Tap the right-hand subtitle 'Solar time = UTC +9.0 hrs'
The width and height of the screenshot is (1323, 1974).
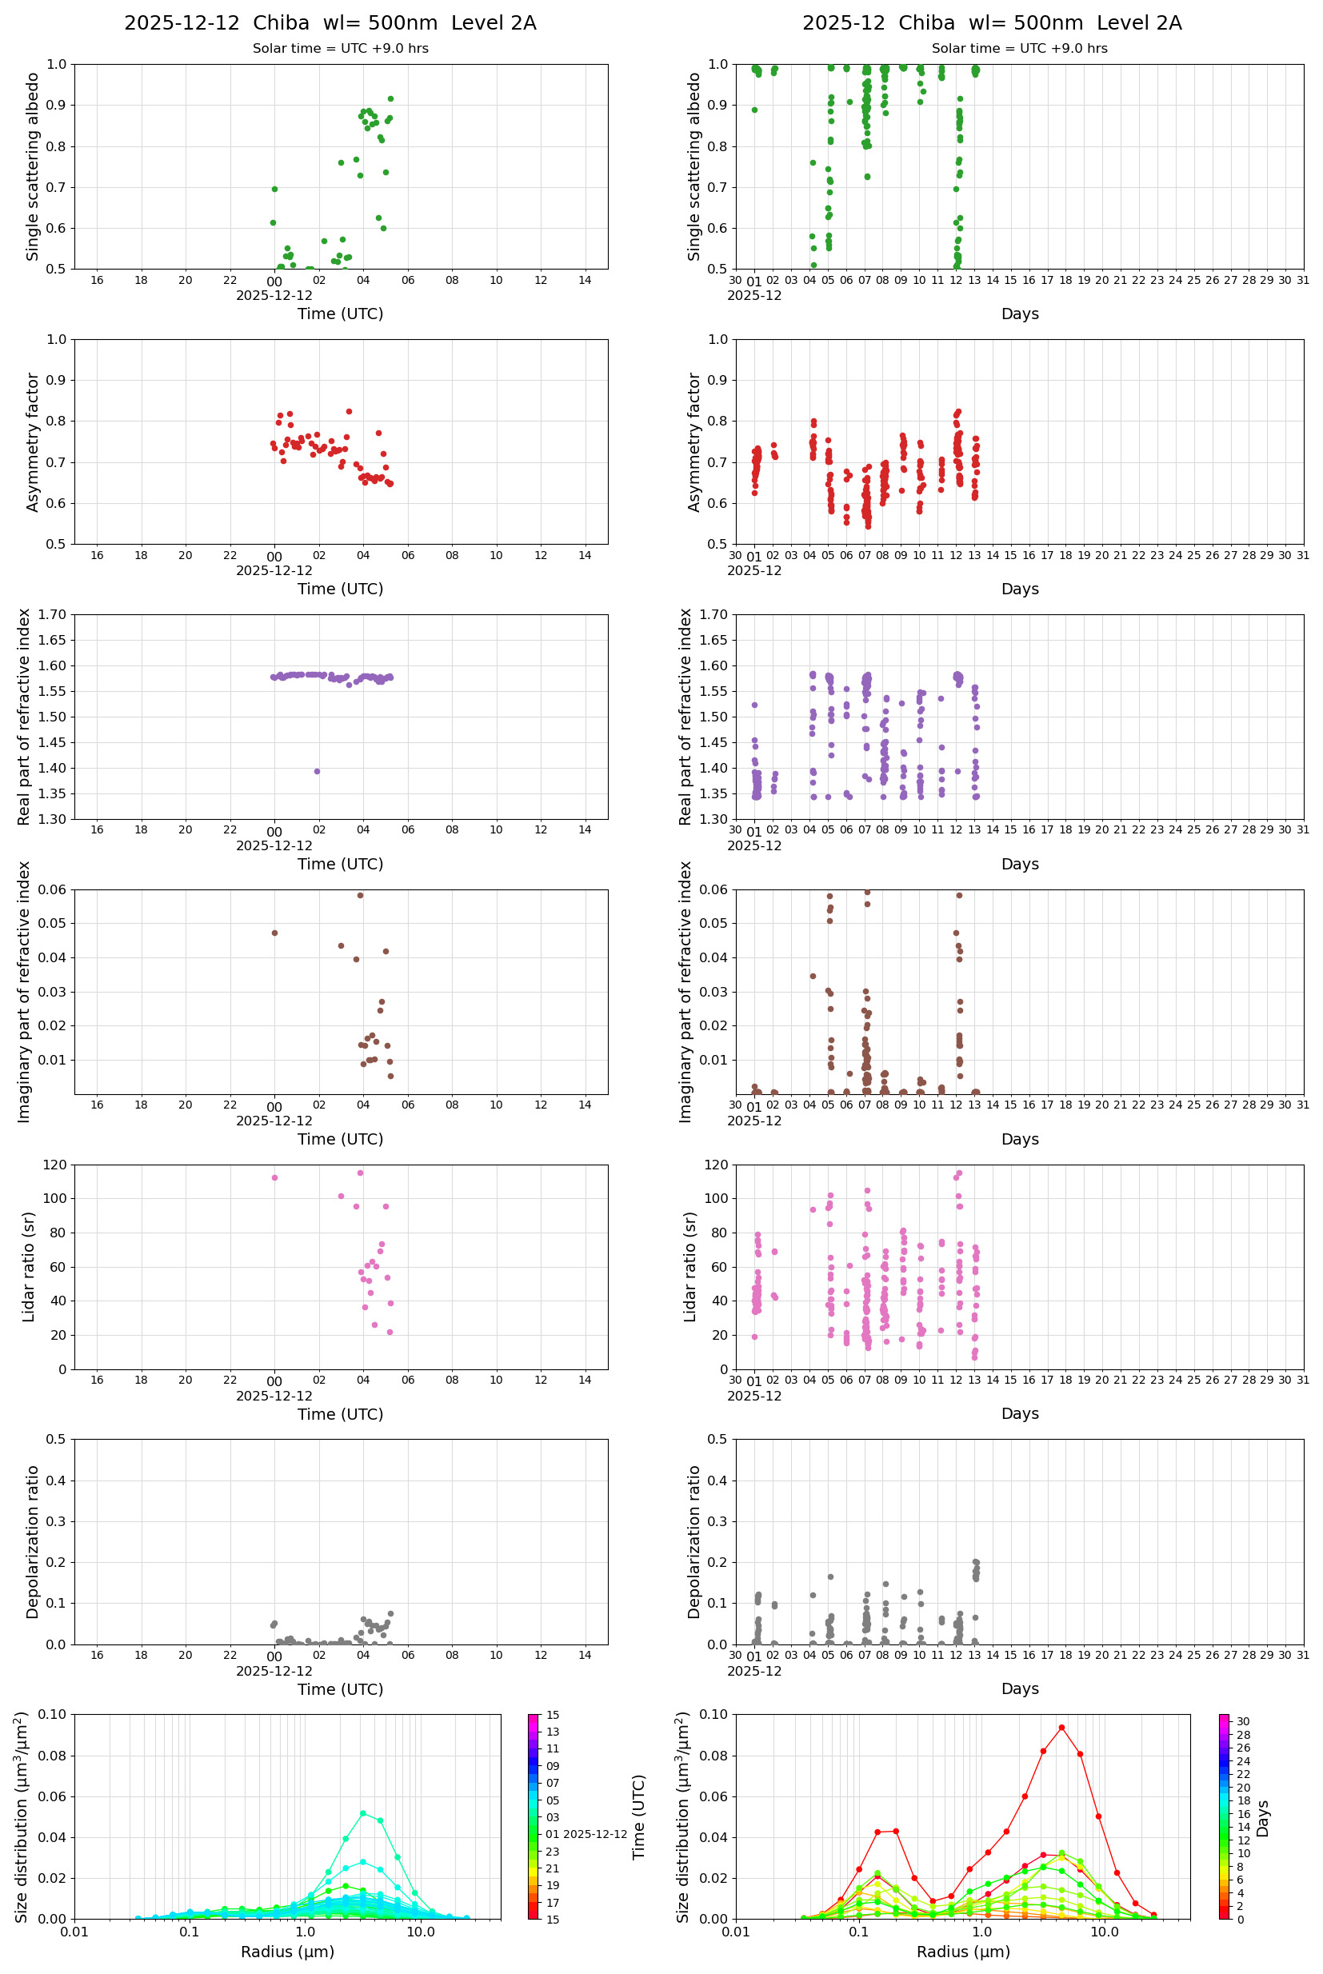[1019, 49]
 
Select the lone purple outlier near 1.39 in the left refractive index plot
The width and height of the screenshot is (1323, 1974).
[318, 771]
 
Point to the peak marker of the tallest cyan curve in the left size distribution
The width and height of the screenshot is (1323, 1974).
[363, 1813]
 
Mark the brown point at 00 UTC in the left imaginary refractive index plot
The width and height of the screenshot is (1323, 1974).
[275, 933]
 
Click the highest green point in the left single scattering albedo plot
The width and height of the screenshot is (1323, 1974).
[390, 98]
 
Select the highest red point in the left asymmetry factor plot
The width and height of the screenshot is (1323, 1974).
[349, 412]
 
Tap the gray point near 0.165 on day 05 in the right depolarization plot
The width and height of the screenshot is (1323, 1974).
[830, 1576]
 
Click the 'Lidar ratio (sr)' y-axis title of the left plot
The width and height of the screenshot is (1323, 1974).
[30, 1266]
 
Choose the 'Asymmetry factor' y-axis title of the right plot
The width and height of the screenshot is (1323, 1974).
[694, 442]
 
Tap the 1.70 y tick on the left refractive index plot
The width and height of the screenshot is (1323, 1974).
[54, 615]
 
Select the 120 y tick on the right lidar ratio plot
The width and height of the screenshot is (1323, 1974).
[717, 1165]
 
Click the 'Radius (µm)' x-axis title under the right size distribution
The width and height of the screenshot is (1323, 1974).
[963, 1952]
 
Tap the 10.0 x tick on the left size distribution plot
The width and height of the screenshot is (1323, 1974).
[421, 1932]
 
